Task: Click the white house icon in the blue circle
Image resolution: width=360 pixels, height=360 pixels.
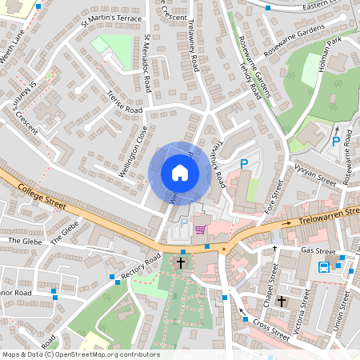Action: [x=180, y=173]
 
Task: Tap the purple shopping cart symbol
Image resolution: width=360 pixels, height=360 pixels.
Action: [x=200, y=230]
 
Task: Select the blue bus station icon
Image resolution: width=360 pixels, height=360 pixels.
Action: [x=324, y=267]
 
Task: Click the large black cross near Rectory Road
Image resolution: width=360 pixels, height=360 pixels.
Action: [x=181, y=262]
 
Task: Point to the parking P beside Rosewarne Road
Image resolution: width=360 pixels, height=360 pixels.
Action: [x=336, y=142]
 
